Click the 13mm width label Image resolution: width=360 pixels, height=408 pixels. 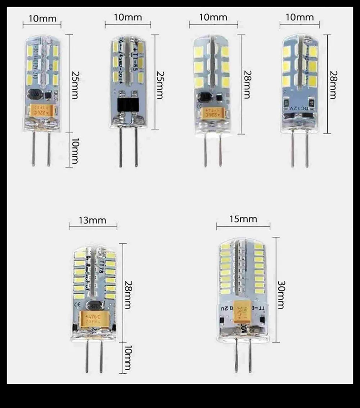pos(93,220)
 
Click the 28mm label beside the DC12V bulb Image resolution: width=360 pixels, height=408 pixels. pos(333,84)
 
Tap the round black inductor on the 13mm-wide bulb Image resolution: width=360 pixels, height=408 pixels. pos(97,305)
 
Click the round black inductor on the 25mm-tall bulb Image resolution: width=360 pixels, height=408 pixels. pos(36,95)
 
